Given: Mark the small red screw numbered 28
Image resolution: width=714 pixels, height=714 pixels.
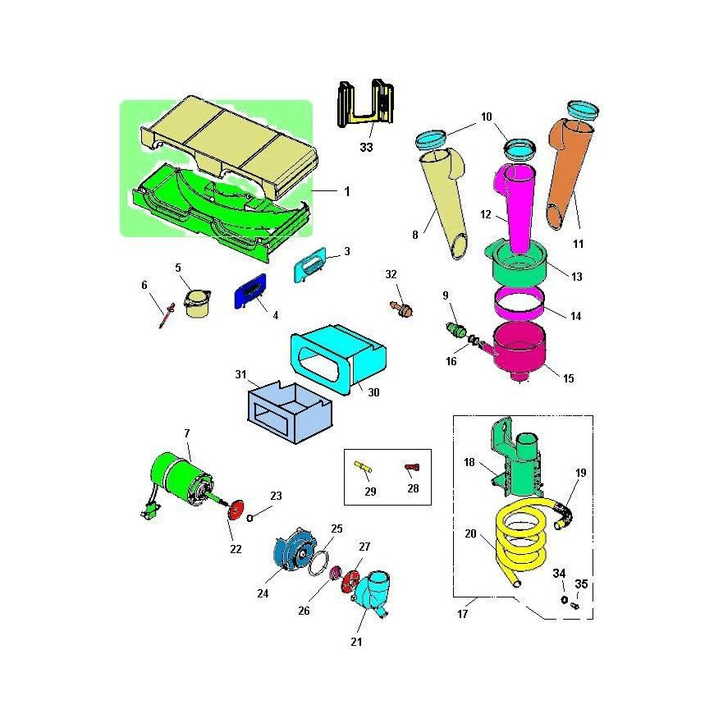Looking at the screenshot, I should [412, 467].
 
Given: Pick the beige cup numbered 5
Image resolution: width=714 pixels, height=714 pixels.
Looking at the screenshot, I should [196, 303].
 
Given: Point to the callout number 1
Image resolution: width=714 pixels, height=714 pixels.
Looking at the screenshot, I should [346, 191].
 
